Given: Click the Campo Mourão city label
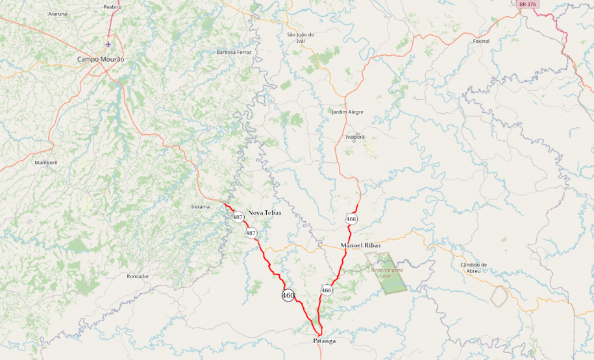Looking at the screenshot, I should point(101,59).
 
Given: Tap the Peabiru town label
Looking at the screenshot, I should point(112,6).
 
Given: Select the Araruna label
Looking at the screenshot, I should point(57,14).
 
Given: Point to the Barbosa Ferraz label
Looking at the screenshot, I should point(234,52).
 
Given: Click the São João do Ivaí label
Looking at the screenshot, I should point(301,38).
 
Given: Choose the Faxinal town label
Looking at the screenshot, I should point(481,41).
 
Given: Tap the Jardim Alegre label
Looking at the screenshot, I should point(347,112).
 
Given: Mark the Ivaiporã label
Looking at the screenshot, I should point(355,137).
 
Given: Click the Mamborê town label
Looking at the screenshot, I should point(46,162).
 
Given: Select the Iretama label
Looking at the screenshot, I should point(200,206).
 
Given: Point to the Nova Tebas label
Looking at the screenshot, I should point(265,213).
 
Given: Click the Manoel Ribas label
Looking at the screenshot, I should point(360,245).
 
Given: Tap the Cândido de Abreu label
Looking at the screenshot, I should point(473,267).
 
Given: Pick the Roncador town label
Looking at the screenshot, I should point(138,276).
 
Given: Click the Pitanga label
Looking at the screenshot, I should point(324,341).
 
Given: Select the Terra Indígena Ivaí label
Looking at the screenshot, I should point(387,272).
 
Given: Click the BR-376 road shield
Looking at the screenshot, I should point(528,5).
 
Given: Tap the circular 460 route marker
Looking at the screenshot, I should point(288,295).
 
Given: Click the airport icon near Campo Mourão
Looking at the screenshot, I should point(108,44).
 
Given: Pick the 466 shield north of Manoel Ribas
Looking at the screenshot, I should point(351,219).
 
